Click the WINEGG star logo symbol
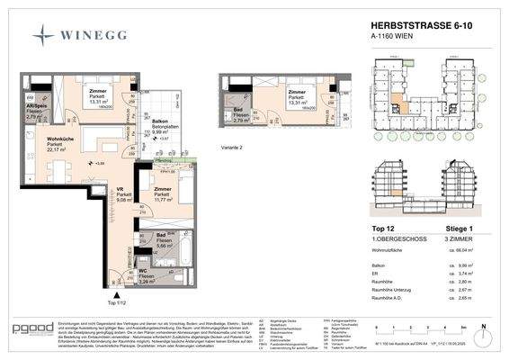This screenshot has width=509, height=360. click(x=44, y=35)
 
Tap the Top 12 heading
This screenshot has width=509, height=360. click(x=383, y=229)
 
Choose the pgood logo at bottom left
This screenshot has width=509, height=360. click(x=32, y=331)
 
